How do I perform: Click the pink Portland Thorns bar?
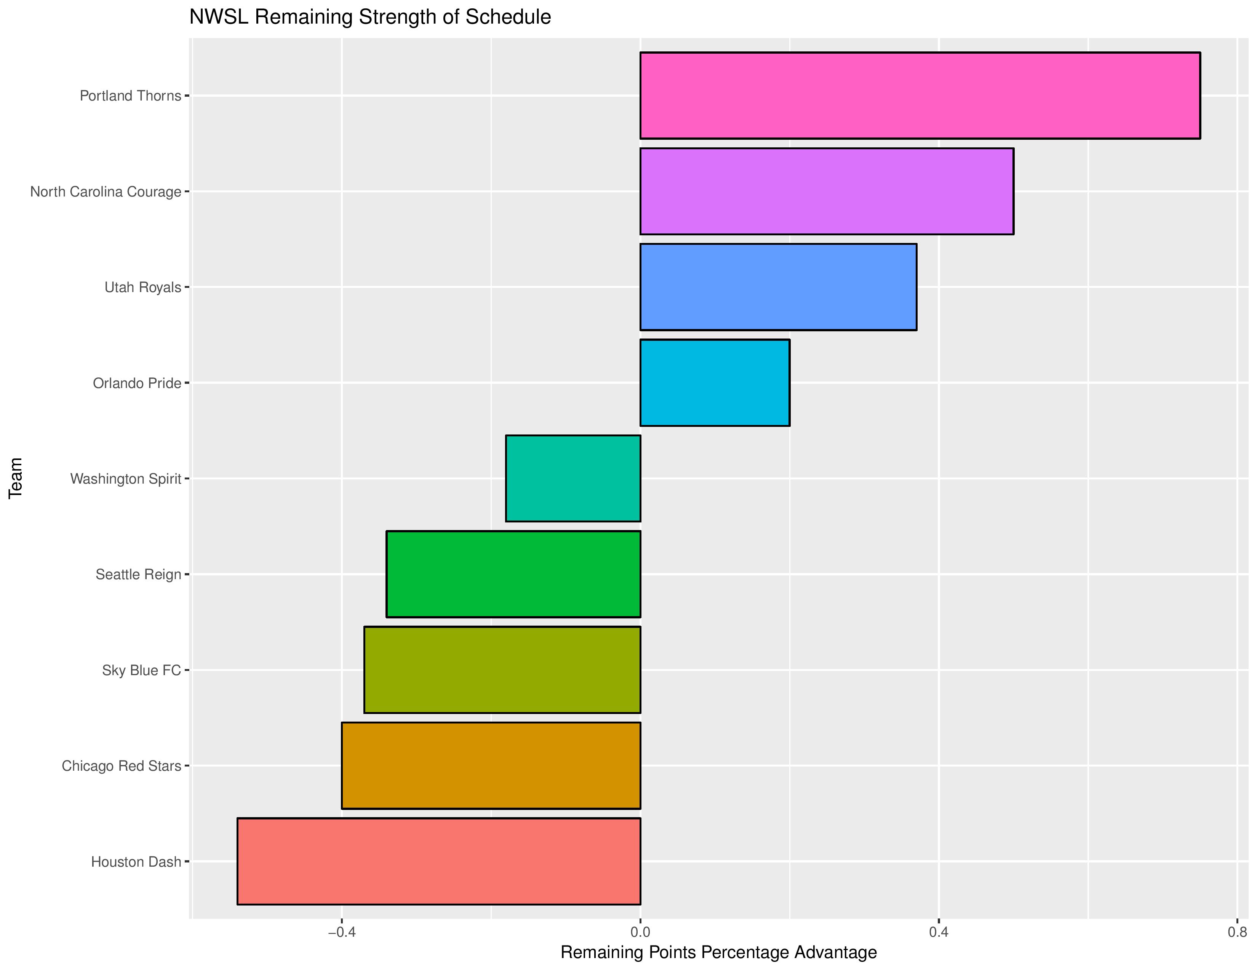click(920, 96)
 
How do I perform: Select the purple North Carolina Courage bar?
click(827, 191)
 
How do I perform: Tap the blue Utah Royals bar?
click(778, 287)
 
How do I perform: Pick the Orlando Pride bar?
click(715, 383)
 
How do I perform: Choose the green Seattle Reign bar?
click(513, 574)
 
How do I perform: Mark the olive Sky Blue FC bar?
click(502, 670)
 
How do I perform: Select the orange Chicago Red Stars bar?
click(491, 766)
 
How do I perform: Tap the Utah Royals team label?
click(143, 287)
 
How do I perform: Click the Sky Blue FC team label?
click(142, 670)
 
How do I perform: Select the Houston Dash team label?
click(136, 862)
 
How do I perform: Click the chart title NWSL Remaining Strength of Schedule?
click(370, 17)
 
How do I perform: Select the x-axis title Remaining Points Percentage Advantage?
click(718, 953)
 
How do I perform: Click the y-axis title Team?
click(16, 478)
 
